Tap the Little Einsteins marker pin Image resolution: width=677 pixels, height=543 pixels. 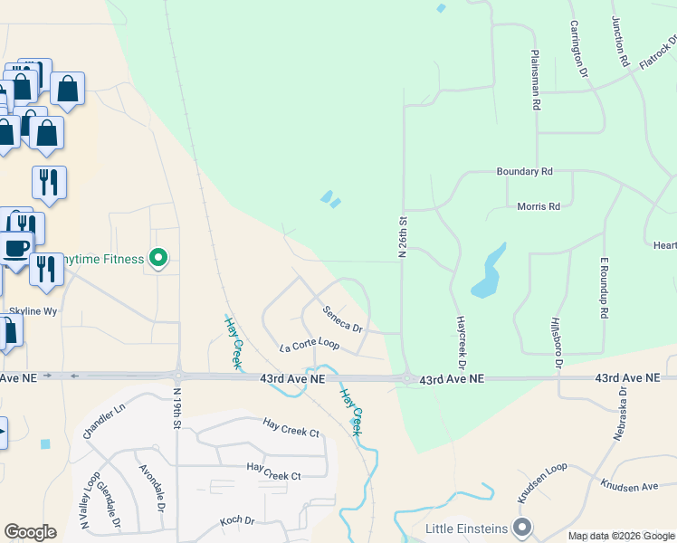click(521, 527)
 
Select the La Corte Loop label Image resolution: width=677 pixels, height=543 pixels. click(309, 346)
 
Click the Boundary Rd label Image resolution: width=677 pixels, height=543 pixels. click(524, 171)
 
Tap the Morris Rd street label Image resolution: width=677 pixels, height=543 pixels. click(539, 206)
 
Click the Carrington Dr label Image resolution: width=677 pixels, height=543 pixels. click(577, 49)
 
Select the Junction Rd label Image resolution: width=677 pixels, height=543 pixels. click(620, 43)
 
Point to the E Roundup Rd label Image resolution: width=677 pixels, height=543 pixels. click(603, 287)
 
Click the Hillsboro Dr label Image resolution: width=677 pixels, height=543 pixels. click(558, 343)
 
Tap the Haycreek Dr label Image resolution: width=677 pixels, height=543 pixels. click(461, 342)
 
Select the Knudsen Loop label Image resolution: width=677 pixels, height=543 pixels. click(541, 483)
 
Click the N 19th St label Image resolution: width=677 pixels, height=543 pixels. click(176, 409)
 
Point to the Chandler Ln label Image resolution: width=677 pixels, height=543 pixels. click(104, 421)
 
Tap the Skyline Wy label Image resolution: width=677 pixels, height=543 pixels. click(33, 310)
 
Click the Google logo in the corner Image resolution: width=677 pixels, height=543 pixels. click(30, 532)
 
